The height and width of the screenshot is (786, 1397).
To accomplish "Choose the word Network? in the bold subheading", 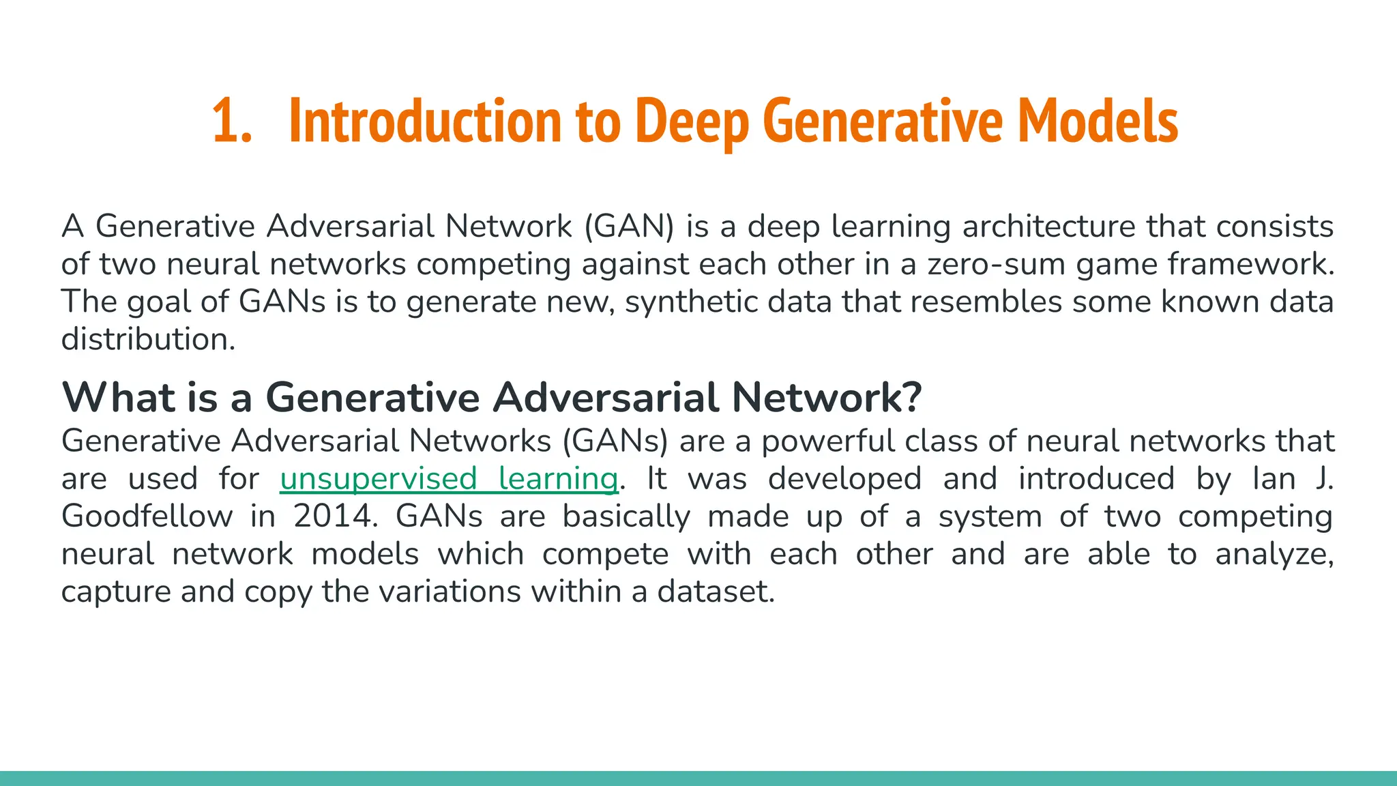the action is tap(826, 397).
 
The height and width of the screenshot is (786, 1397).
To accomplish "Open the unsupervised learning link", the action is tap(449, 479).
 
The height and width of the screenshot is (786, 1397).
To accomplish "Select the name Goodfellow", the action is tap(147, 516).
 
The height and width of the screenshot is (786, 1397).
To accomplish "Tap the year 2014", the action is tap(335, 516).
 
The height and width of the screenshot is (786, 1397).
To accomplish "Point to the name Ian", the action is tap(1274, 479).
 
